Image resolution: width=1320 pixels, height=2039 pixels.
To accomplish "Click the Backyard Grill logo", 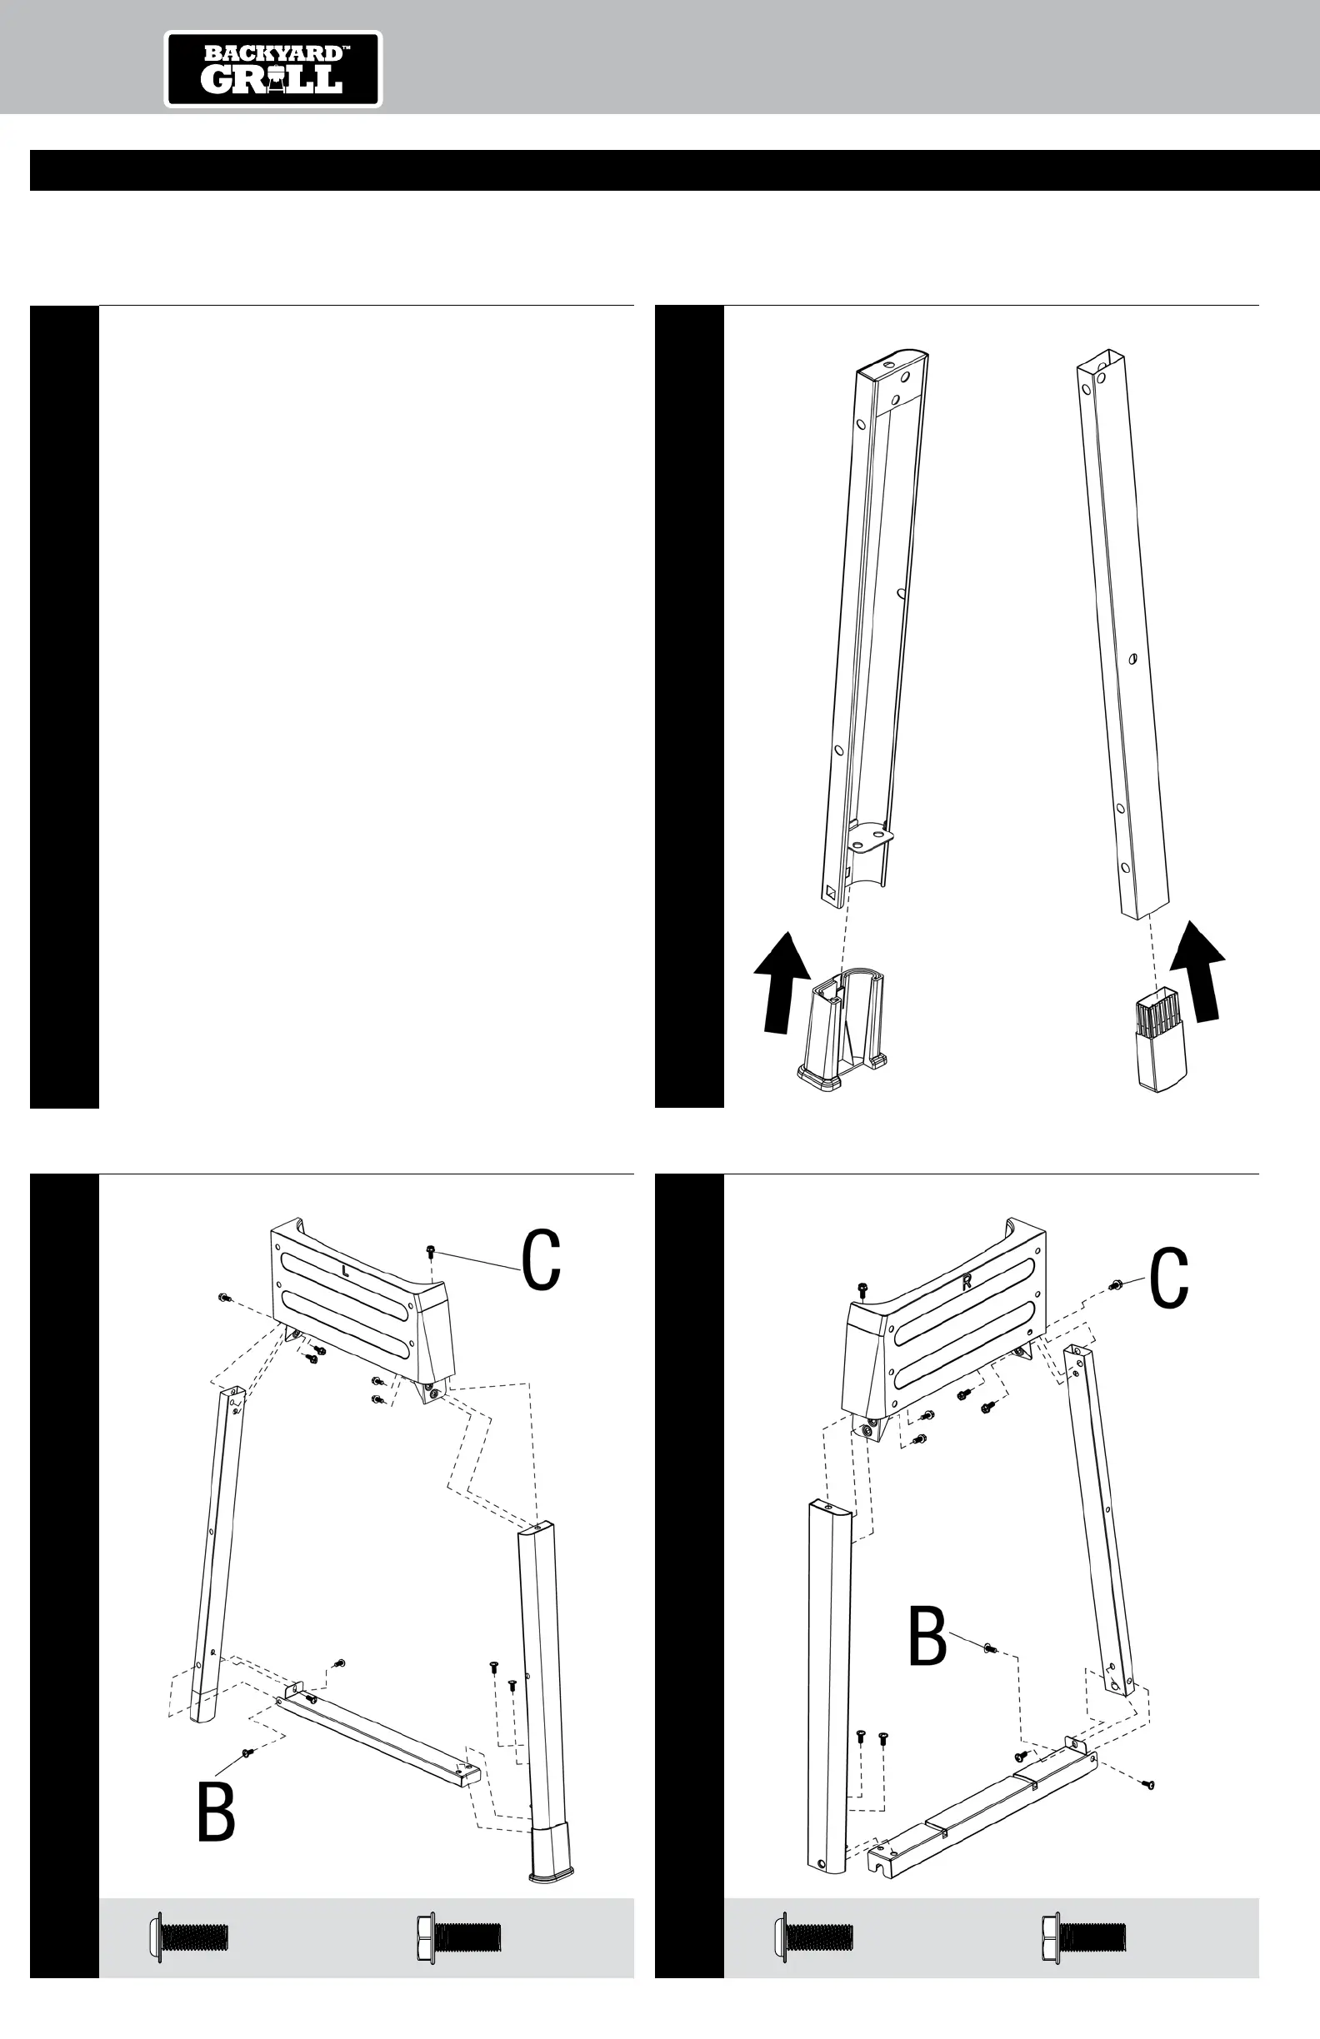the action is (272, 69).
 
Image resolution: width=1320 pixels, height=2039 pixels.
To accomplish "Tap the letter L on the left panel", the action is (344, 1272).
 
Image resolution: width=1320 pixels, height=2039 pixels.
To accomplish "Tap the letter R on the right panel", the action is (967, 1283).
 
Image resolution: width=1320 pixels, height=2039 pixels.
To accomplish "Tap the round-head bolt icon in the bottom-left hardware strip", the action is (189, 1937).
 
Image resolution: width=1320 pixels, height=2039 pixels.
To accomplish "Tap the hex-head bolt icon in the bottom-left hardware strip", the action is (458, 1937).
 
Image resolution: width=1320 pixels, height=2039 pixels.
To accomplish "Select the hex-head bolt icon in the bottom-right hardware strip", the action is (1083, 1937).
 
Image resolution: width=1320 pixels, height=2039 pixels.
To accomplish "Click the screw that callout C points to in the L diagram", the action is (430, 1253).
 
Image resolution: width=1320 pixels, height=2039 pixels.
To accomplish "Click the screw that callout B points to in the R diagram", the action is (989, 1648).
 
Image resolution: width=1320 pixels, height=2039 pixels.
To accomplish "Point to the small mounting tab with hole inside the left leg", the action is (871, 835).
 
